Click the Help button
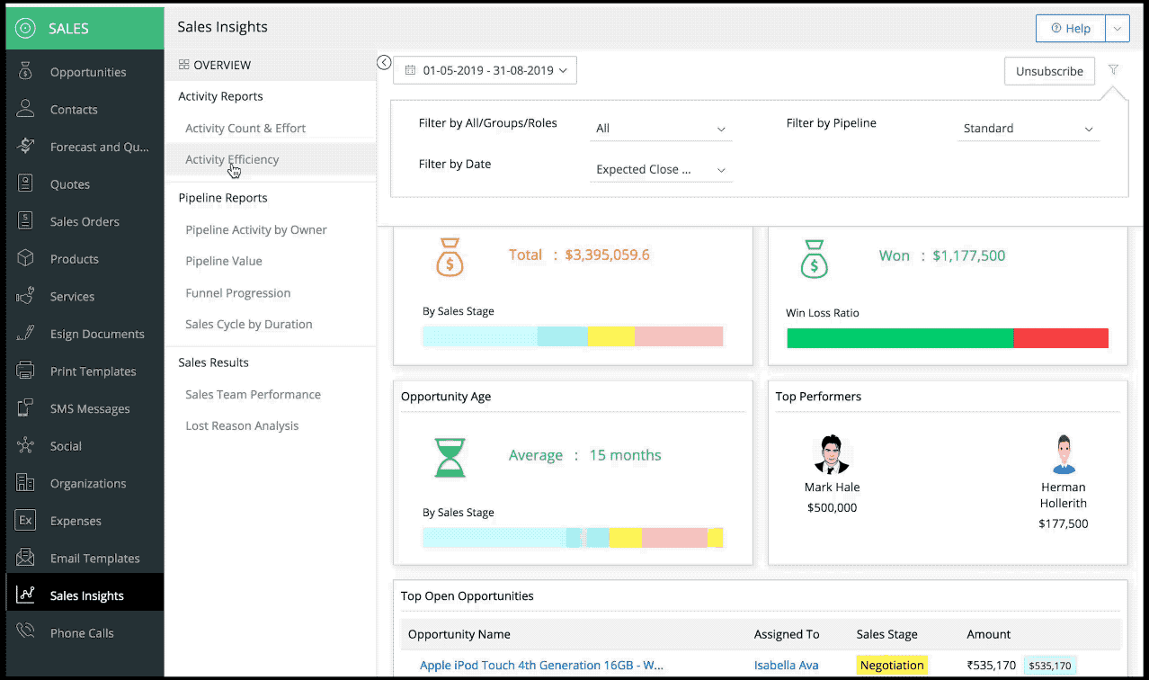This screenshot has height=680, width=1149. (1070, 29)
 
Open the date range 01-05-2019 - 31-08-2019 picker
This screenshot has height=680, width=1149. (485, 70)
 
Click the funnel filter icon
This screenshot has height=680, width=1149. (1113, 70)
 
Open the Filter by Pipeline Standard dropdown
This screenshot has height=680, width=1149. (1028, 129)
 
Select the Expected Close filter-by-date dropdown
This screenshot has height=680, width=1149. (661, 169)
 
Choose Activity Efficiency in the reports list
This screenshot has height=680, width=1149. (232, 159)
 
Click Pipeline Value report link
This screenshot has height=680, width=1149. (224, 261)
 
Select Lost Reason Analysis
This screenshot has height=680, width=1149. (242, 425)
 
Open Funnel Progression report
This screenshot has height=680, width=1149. (238, 293)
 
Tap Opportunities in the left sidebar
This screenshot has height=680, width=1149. (88, 72)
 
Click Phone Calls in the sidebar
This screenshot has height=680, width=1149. (82, 633)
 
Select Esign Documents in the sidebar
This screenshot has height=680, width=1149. (97, 334)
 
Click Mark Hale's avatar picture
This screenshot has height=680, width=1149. (832, 455)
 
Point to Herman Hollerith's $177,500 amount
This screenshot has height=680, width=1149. (1063, 523)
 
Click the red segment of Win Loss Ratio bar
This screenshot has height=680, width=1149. (1060, 338)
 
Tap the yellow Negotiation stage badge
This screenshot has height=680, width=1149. (891, 666)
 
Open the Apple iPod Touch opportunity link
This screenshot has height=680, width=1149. (541, 666)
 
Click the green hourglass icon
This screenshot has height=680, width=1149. (450, 457)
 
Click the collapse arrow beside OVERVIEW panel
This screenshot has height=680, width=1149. (384, 62)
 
